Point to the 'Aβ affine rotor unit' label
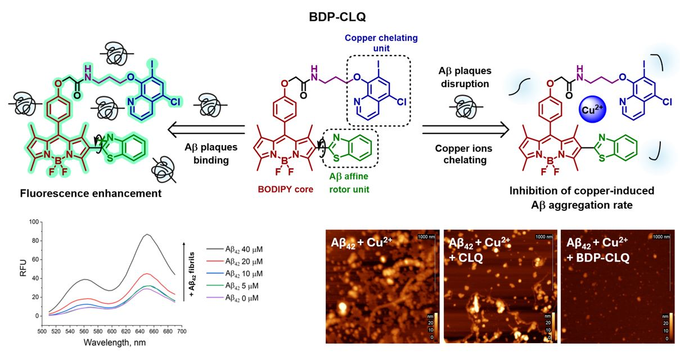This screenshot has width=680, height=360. point(349,183)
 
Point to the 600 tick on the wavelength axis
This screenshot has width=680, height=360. point(112,331)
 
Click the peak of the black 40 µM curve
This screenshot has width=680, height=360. point(147,234)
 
